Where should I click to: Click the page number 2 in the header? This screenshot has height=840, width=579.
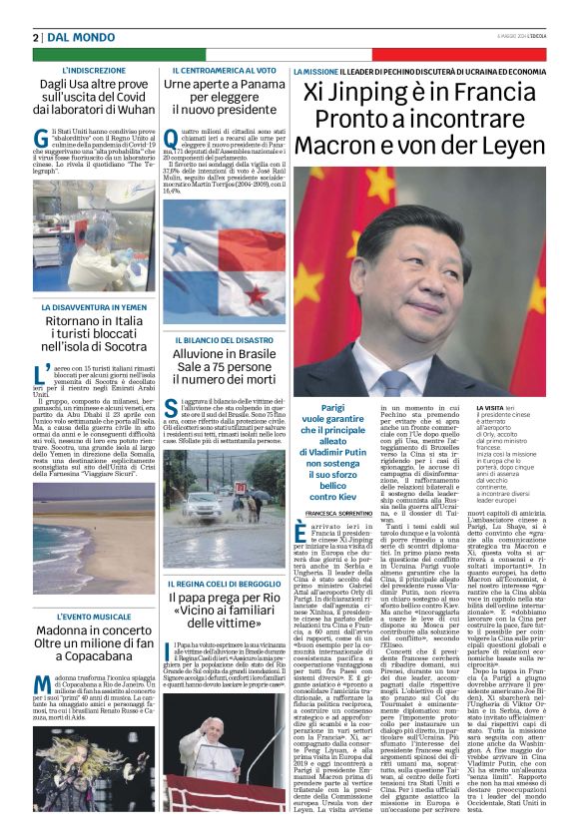tap(36, 37)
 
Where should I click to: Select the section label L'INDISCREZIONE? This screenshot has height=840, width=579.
tap(94, 72)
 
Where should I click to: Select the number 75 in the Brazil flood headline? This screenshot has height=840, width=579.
tap(236, 366)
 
